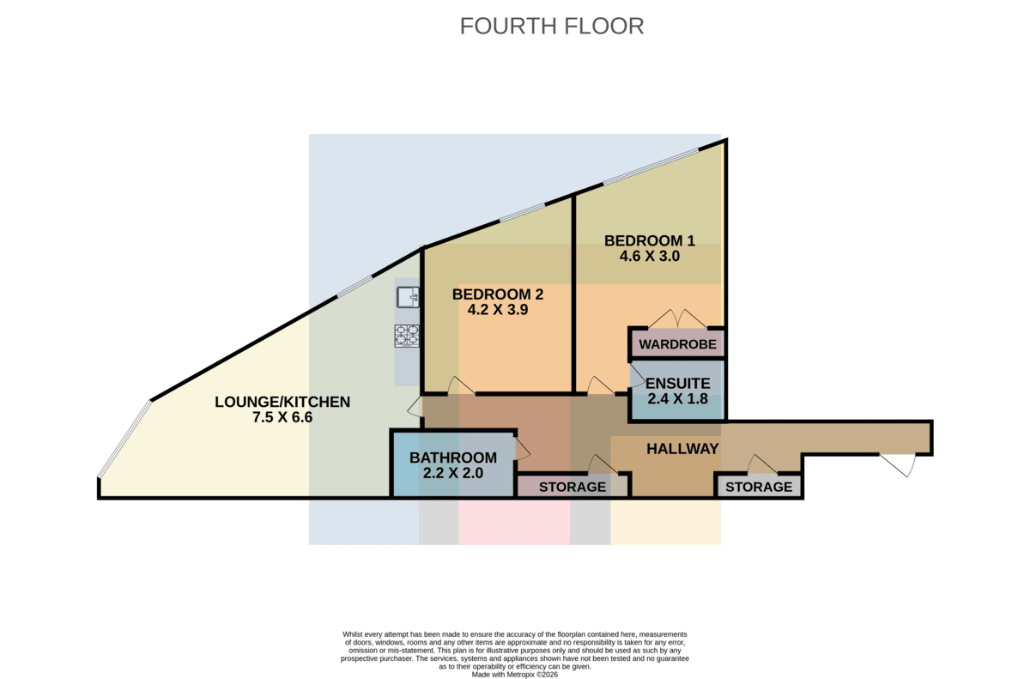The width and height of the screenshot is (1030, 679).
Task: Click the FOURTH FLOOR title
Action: click(552, 27)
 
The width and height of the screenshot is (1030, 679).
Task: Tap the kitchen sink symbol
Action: click(408, 297)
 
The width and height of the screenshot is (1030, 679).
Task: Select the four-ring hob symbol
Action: click(407, 336)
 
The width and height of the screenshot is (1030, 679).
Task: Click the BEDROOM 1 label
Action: click(649, 241)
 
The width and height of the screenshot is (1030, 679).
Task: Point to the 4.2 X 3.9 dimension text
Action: click(498, 310)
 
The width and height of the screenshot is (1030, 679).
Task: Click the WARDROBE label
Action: click(677, 344)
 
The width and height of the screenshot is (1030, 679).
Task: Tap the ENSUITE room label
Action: click(678, 384)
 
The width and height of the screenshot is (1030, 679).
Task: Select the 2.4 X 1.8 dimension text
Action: click(678, 398)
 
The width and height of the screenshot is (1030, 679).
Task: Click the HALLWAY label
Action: click(682, 449)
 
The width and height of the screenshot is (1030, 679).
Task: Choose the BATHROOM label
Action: click(453, 458)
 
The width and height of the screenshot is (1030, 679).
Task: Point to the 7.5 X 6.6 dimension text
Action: click(282, 417)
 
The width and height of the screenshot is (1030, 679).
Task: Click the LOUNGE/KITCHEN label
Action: click(282, 403)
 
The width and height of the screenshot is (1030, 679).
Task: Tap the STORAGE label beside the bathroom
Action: click(572, 487)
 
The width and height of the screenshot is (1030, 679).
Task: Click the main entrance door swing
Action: click(897, 464)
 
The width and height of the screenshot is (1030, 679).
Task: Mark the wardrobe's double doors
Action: click(677, 318)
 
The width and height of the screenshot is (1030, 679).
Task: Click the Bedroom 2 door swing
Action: click(461, 385)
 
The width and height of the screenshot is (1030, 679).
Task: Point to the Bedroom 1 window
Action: click(651, 167)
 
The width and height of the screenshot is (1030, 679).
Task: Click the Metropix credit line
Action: click(514, 675)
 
